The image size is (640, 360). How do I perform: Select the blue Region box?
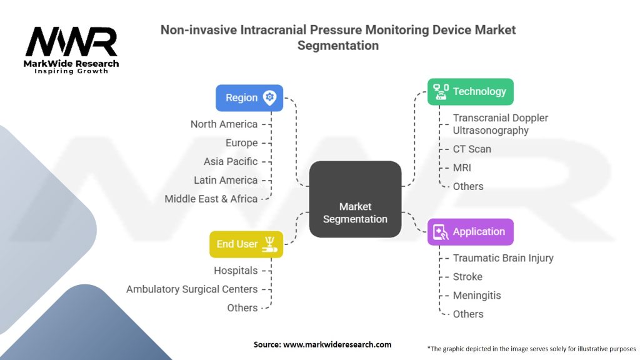pyautogui.click(x=249, y=97)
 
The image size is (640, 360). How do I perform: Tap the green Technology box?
pyautogui.click(x=470, y=91)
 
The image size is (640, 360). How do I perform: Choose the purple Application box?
pyautogui.click(x=470, y=231)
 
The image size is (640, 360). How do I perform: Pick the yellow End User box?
pyautogui.click(x=246, y=244)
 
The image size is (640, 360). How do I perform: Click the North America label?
pyautogui.click(x=224, y=124)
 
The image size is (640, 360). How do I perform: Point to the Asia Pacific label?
pyautogui.click(x=230, y=161)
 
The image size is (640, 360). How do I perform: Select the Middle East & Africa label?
pyautogui.click(x=211, y=199)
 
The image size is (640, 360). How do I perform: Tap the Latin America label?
pyautogui.click(x=225, y=180)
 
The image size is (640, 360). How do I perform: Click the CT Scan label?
pyautogui.click(x=472, y=149)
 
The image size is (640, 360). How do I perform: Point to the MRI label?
pyautogui.click(x=462, y=167)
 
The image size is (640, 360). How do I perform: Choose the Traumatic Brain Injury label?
pyautogui.click(x=503, y=257)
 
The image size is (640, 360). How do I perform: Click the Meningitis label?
pyautogui.click(x=476, y=295)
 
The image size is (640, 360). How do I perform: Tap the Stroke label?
pyautogui.click(x=467, y=276)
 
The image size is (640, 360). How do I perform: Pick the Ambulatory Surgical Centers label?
pyautogui.click(x=191, y=289)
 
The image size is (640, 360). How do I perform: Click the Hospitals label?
pyautogui.click(x=236, y=270)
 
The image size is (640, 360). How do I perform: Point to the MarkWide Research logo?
pyautogui.click(x=71, y=49)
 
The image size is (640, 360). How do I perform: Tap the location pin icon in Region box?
pyautogui.click(x=269, y=97)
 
